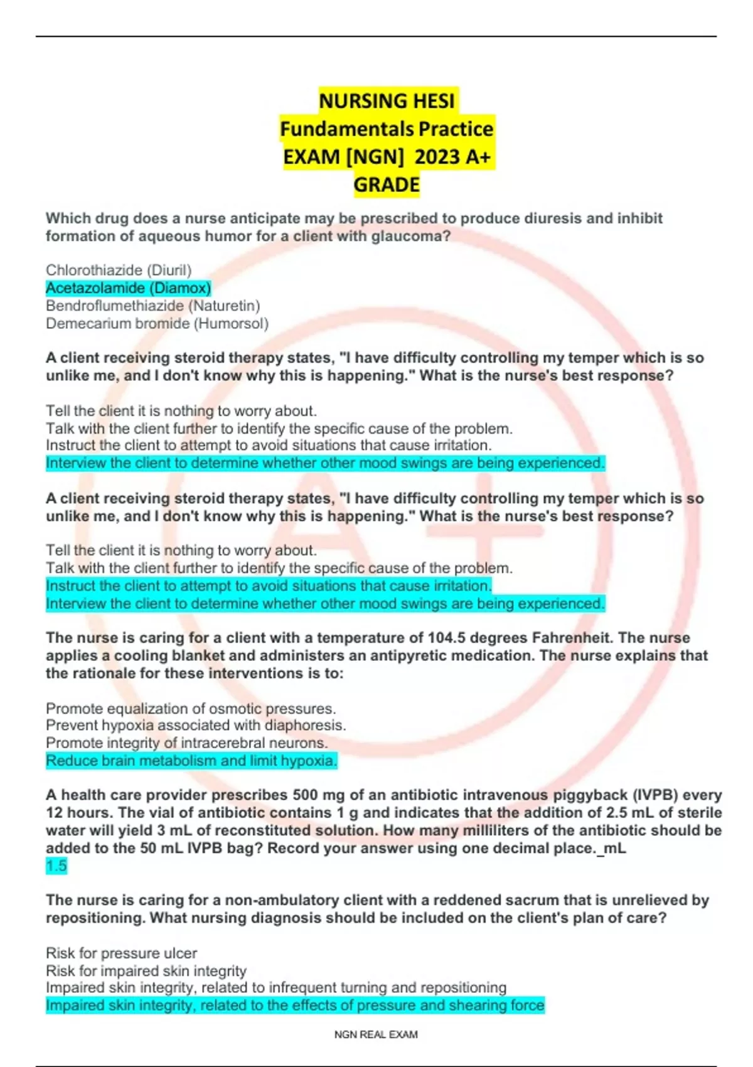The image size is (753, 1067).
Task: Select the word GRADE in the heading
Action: point(387,185)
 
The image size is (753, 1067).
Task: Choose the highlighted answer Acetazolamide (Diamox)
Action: point(128,288)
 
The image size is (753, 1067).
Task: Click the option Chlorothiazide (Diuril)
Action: point(119,271)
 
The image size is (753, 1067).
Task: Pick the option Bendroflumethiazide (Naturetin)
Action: point(152,306)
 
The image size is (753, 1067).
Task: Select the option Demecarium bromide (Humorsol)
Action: point(157,324)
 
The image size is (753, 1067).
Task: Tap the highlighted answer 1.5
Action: point(56,866)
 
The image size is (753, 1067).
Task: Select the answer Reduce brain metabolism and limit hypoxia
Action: point(191,761)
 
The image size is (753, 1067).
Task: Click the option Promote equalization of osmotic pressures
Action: point(191,709)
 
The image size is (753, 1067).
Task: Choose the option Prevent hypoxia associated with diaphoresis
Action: point(196,726)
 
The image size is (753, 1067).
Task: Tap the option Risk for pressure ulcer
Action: point(121,953)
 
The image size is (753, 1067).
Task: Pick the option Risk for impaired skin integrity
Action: point(146,971)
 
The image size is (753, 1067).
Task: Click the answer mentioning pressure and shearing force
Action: point(295,1005)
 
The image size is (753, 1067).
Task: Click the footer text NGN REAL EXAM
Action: point(376,1034)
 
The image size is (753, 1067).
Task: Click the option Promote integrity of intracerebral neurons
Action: point(186,743)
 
